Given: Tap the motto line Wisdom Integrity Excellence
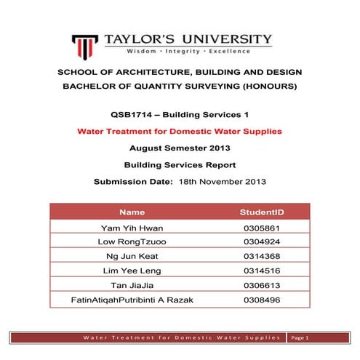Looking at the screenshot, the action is point(188,52).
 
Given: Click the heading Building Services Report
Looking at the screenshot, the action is point(180,164).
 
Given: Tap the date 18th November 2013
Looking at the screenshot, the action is point(224,180).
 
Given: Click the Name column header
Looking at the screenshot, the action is point(132,212).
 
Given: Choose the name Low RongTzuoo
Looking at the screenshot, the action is point(132,242).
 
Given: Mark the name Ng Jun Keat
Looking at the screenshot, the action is point(132,257).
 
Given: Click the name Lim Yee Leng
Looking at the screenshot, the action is point(132,271).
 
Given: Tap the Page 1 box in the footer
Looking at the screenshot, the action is point(300,338).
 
